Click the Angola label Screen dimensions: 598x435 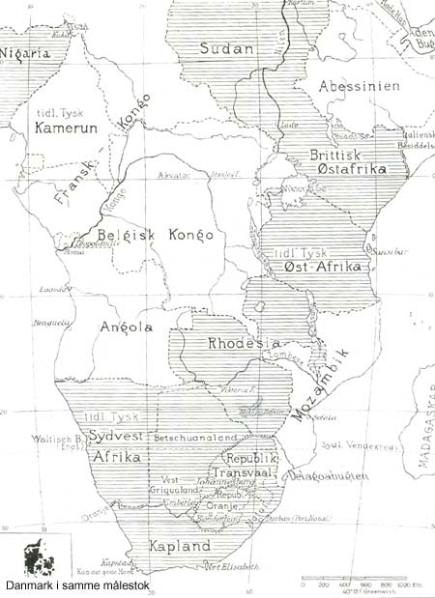[x=127, y=327]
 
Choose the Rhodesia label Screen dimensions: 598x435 [x=244, y=343]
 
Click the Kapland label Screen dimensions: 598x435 [x=180, y=546]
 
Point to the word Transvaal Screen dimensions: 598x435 [x=246, y=472]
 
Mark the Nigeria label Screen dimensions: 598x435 [x=25, y=54]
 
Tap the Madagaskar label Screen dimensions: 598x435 [x=423, y=435]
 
